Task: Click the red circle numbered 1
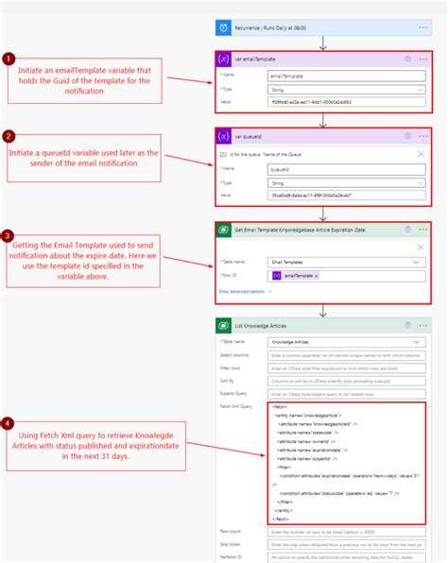tap(9, 59)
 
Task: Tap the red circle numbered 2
tap(9, 136)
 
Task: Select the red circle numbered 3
tap(9, 235)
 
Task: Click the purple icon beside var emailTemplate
tap(224, 59)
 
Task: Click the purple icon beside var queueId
tap(224, 136)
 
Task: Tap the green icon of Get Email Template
tap(224, 230)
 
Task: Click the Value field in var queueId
tap(345, 196)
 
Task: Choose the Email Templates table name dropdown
tap(345, 263)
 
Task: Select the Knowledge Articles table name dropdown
tap(345, 341)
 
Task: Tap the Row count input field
tap(345, 532)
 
